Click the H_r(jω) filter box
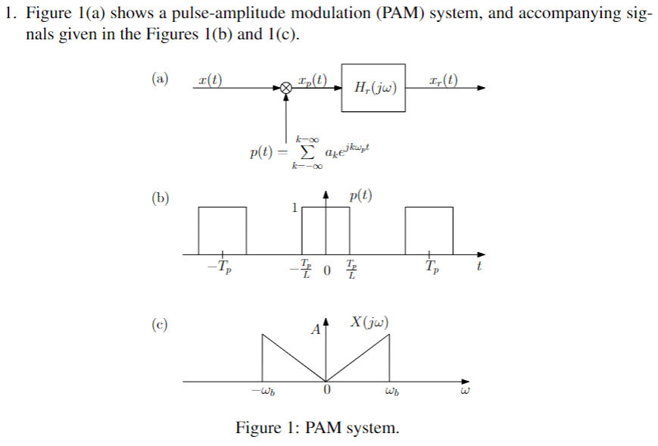pyautogui.click(x=373, y=88)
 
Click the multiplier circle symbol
pyautogui.click(x=285, y=89)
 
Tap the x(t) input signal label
pyautogui.click(x=209, y=79)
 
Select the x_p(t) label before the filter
pyautogui.click(x=312, y=79)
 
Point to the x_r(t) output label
pyautogui.click(x=442, y=79)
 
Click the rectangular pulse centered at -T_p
pyautogui.click(x=222, y=229)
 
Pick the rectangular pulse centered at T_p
pyautogui.click(x=429, y=229)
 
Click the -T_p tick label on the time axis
pyautogui.click(x=221, y=267)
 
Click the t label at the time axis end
pyautogui.click(x=479, y=266)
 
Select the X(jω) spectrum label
pyautogui.click(x=370, y=321)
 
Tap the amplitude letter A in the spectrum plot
pyautogui.click(x=316, y=330)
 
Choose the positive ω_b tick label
pyautogui.click(x=391, y=392)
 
